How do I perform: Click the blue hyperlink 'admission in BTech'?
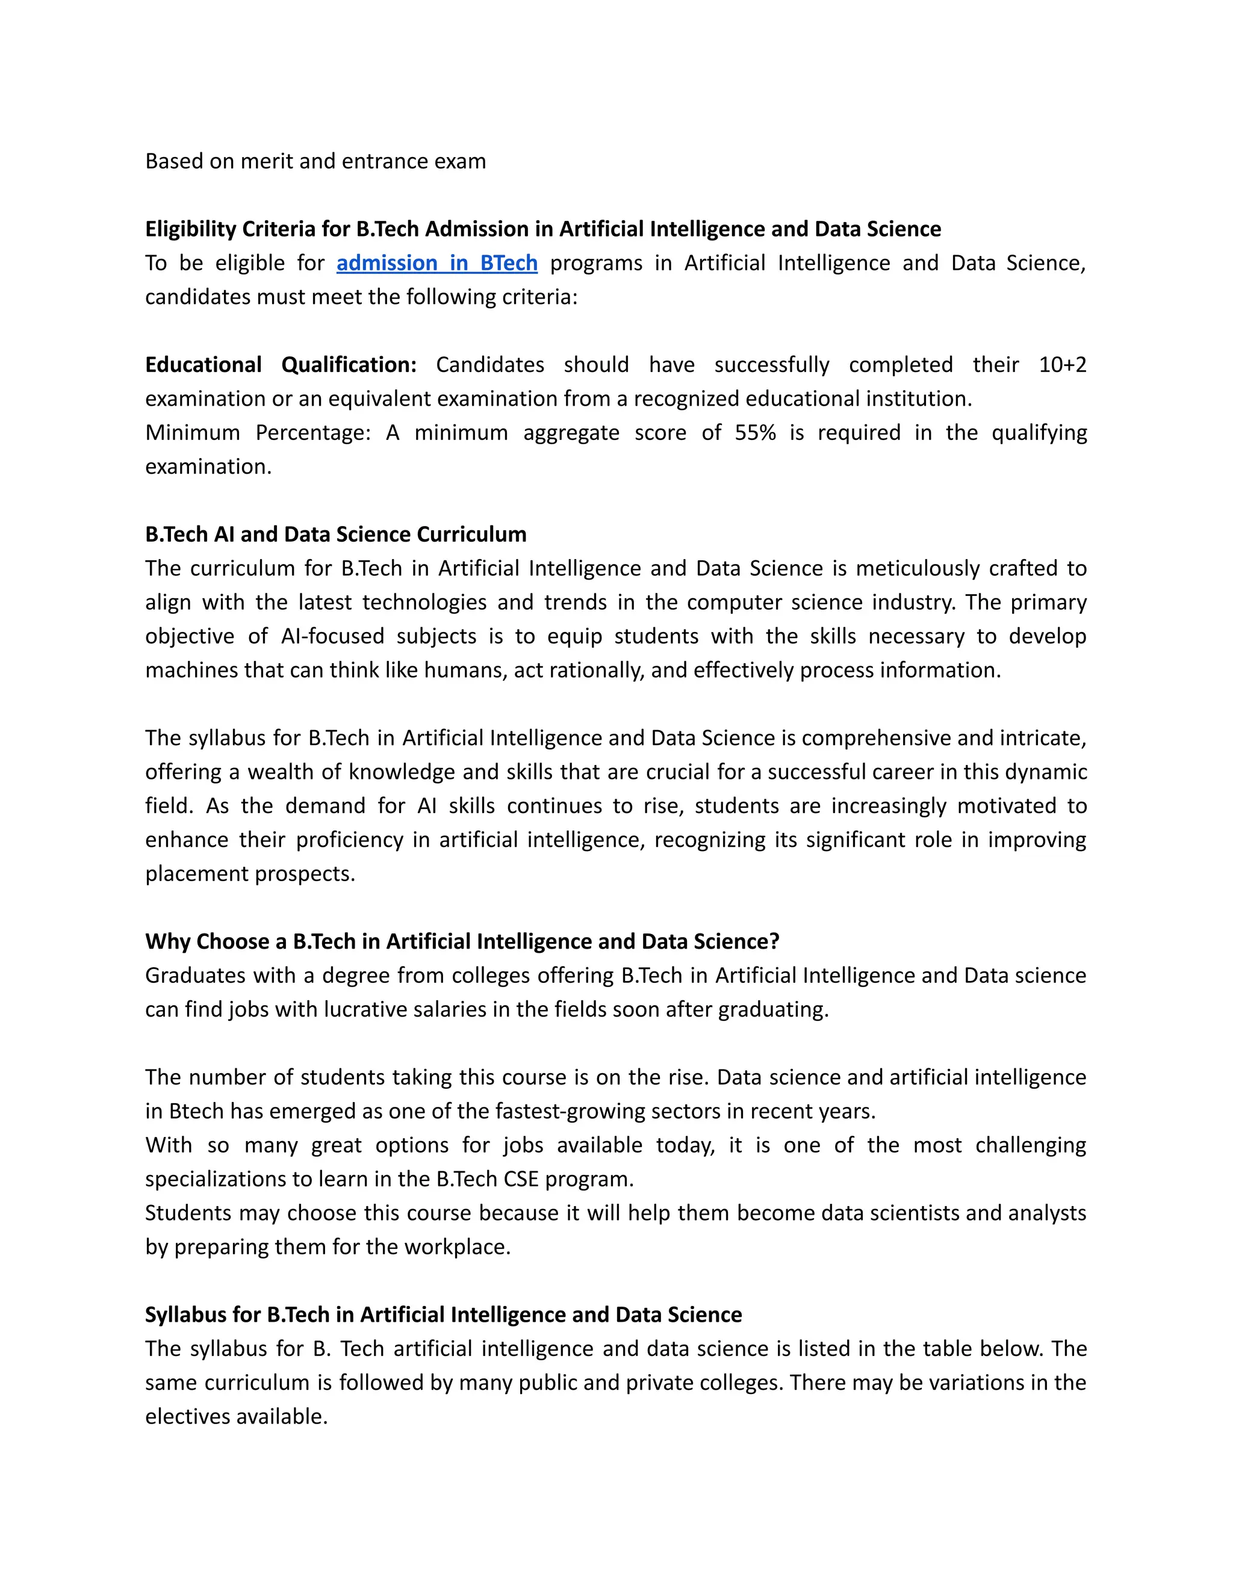click(437, 263)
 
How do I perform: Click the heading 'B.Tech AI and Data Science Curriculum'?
click(335, 534)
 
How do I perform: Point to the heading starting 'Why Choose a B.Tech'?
click(462, 941)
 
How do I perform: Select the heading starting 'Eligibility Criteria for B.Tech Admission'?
click(542, 229)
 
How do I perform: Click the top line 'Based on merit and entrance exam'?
click(315, 161)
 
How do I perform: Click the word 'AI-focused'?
click(332, 636)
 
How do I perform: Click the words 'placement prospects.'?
click(250, 873)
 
